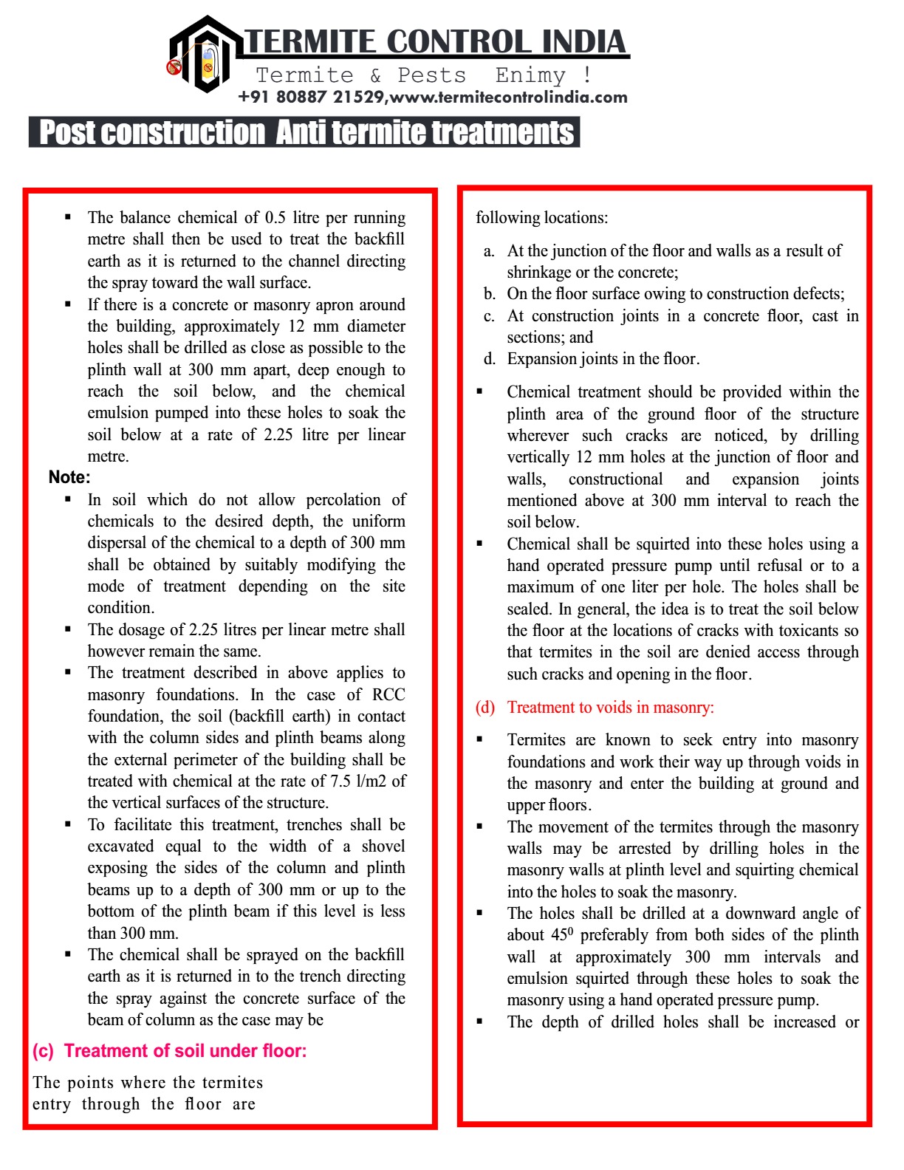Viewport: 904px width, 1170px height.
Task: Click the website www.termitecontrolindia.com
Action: pyautogui.click(x=509, y=97)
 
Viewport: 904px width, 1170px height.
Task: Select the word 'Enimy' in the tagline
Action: pyautogui.click(x=530, y=75)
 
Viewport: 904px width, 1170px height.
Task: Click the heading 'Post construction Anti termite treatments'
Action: pyautogui.click(x=305, y=133)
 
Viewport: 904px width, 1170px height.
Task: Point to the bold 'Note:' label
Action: pyautogui.click(x=69, y=477)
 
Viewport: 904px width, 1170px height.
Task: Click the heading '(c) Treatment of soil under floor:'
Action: pyautogui.click(x=169, y=1051)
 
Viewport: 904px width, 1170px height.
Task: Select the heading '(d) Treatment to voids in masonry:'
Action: pyautogui.click(x=595, y=708)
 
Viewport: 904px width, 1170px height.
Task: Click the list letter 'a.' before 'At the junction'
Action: pyautogui.click(x=489, y=251)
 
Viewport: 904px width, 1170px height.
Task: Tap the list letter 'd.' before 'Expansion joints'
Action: pyautogui.click(x=489, y=359)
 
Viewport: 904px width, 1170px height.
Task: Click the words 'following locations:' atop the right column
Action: pyautogui.click(x=541, y=218)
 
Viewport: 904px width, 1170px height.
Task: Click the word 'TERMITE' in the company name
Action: pyautogui.click(x=310, y=42)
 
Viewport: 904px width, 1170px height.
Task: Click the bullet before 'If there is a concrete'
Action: pyautogui.click(x=68, y=304)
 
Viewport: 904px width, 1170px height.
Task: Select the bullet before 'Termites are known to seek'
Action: pyautogui.click(x=480, y=740)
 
